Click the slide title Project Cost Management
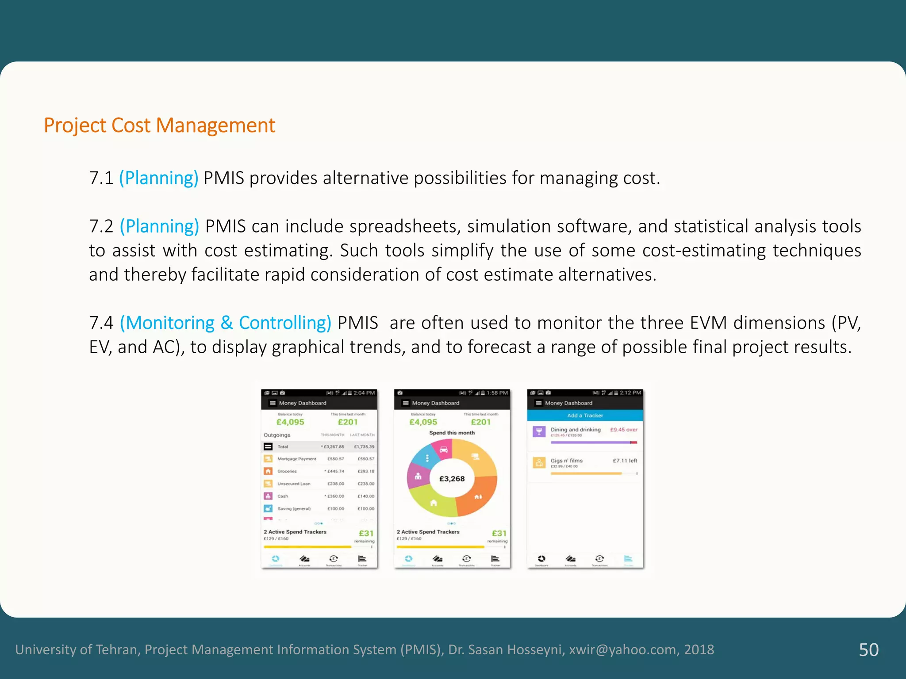coord(159,126)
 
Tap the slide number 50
coord(868,649)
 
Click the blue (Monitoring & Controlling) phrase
coord(226,323)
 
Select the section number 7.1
coord(101,178)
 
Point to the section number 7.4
coord(101,323)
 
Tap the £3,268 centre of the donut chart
coord(452,479)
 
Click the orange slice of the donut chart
coord(478,497)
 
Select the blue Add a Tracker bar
coord(585,416)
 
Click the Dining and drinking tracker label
coord(576,429)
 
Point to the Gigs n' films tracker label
coord(566,461)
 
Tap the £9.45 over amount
coord(624,429)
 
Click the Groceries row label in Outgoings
coord(287,471)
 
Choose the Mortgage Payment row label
coord(296,459)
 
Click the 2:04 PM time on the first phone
coord(364,393)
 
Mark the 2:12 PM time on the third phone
coord(630,393)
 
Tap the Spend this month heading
coord(452,433)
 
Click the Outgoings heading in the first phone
coord(277,435)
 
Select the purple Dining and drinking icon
coord(539,431)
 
